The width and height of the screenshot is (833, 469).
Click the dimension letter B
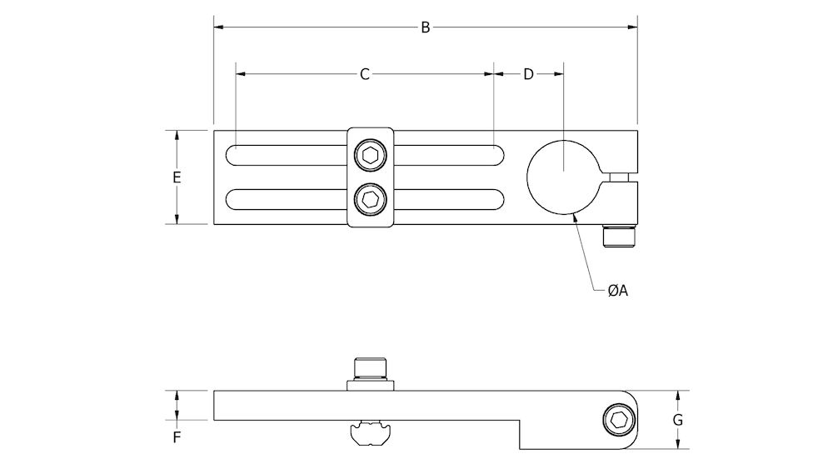coord(425,27)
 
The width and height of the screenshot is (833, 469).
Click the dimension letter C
coord(364,74)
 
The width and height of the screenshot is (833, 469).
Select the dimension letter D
coord(528,74)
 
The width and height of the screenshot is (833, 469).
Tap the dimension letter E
coord(177,177)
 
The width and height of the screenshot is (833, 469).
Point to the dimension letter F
coord(177,436)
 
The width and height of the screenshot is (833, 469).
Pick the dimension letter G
coord(677,420)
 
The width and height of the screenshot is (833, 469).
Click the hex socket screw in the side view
coord(618,421)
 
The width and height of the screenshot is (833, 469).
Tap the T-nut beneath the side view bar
coord(368,433)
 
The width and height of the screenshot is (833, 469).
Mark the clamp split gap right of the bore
coord(621,177)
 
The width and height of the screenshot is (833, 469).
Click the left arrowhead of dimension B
coord(219,27)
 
